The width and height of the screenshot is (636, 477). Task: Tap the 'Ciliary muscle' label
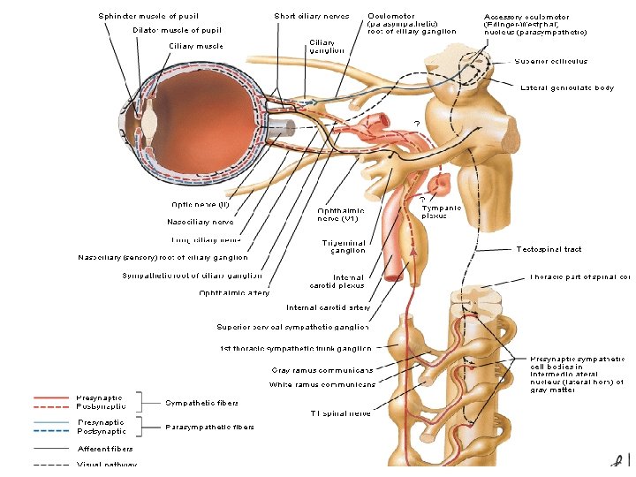195,46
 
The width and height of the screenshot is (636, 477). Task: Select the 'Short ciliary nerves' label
311,16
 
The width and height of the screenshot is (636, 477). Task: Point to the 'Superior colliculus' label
550,62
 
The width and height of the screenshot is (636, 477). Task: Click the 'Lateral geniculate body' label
567,87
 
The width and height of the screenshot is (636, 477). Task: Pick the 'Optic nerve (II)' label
200,204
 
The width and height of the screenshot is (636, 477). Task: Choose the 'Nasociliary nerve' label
201,222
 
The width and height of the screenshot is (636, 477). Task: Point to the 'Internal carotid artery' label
328,307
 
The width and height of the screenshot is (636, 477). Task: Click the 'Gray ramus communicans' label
322,370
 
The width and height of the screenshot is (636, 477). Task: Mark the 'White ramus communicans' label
322,383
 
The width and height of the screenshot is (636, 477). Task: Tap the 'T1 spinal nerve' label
340,413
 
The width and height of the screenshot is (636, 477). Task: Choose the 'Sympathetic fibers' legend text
201,402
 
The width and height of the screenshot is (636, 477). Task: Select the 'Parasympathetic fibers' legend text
209,427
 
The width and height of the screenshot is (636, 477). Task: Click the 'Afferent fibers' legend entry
105,449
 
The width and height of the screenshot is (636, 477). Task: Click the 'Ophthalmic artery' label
234,292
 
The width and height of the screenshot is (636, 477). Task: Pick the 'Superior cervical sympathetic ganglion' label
293,327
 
